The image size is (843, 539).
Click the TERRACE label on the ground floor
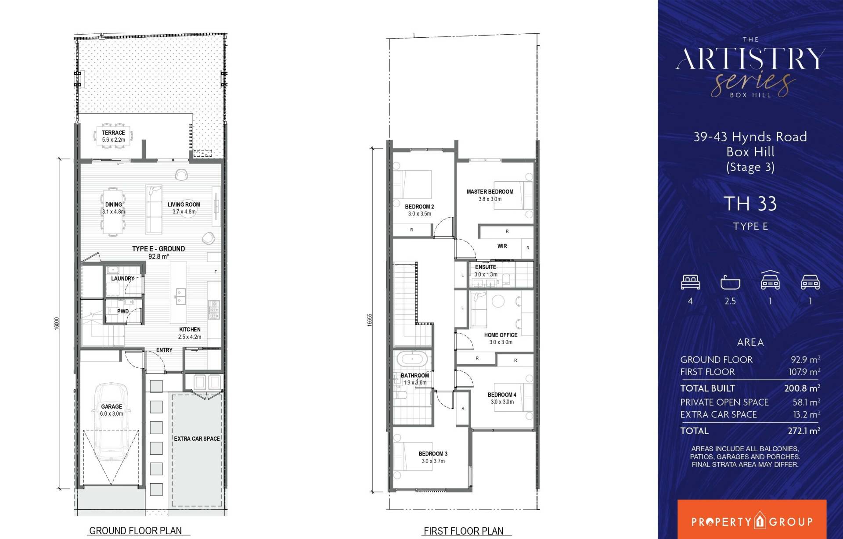[x=113, y=133]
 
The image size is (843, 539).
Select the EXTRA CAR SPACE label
[x=197, y=438]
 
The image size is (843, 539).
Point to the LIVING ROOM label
[x=184, y=205]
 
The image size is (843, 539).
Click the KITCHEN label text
[x=190, y=330]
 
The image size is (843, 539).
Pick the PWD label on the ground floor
[x=123, y=312]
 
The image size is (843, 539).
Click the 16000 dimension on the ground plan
[x=57, y=323]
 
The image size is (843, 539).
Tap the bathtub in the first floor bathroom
[x=412, y=359]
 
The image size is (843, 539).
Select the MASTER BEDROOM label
[x=490, y=192]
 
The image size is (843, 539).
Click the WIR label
[x=502, y=246]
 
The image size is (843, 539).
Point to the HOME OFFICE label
[x=501, y=335]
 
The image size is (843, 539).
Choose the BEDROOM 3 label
[x=433, y=454]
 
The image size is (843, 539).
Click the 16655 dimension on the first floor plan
[x=370, y=320]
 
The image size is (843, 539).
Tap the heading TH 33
[x=750, y=204]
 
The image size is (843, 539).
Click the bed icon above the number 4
[x=690, y=282]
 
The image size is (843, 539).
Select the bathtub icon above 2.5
[x=730, y=282]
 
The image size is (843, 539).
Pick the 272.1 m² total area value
[x=804, y=431]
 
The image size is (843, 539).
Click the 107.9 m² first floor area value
[x=804, y=372]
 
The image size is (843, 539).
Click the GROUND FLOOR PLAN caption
[x=135, y=531]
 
